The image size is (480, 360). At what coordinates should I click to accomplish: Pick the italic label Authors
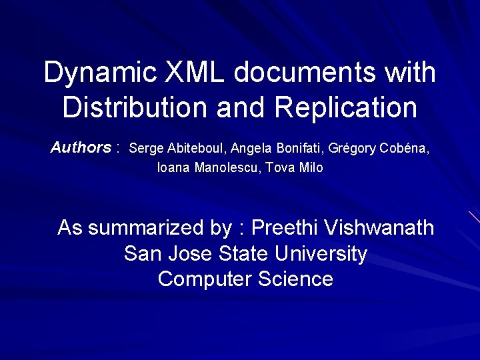(81, 147)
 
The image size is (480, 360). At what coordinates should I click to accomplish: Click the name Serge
(143, 148)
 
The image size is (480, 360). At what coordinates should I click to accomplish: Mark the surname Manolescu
(227, 168)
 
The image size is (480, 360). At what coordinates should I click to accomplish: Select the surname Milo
(311, 168)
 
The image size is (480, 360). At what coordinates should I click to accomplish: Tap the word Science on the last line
(291, 279)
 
